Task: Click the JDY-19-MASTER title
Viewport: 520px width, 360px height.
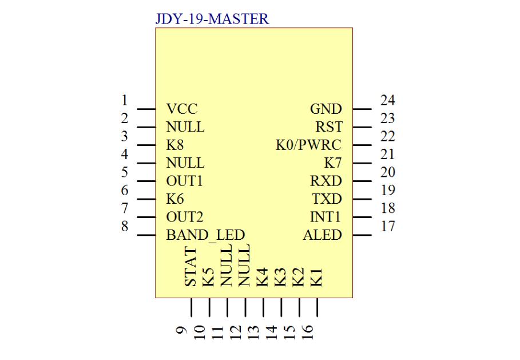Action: tap(212, 19)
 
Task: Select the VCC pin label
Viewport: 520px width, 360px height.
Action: tap(182, 109)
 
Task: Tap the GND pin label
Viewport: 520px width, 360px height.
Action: tap(326, 109)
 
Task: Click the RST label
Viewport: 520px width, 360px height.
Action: tap(329, 126)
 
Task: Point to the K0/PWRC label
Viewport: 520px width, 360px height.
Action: tap(308, 145)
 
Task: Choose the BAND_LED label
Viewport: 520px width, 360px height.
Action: tap(205, 235)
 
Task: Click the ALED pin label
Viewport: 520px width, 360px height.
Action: tap(322, 235)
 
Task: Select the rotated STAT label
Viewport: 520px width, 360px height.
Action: tap(190, 267)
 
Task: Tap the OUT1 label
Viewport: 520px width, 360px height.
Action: tap(184, 181)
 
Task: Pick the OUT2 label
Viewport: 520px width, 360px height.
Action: tap(184, 217)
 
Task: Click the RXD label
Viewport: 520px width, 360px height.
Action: tap(326, 181)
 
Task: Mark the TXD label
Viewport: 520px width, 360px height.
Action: tap(327, 199)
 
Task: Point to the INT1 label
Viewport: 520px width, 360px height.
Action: tap(325, 217)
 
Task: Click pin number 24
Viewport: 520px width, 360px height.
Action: tap(388, 100)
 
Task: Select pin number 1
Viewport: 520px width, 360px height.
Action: tap(124, 100)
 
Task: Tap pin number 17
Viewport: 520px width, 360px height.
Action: tap(388, 226)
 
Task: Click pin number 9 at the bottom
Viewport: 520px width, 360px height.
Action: tap(182, 330)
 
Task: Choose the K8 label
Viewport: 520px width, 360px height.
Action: tap(175, 145)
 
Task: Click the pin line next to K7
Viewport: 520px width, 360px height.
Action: tap(362, 163)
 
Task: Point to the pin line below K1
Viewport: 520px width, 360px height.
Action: tap(317, 307)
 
